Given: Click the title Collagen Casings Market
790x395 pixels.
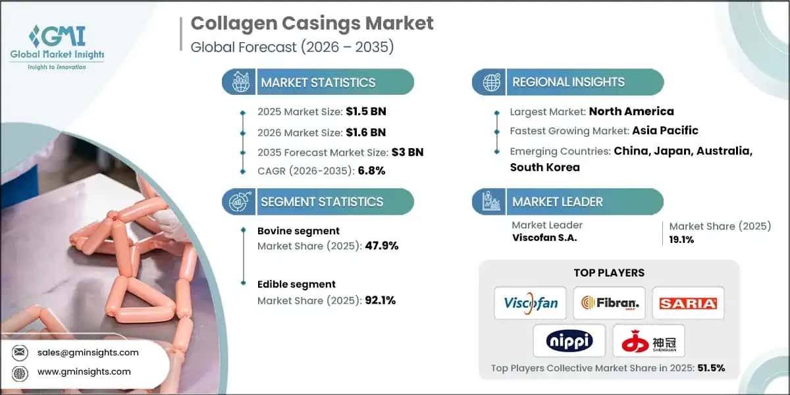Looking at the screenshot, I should point(312,23).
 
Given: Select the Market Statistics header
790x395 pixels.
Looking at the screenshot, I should point(318,82).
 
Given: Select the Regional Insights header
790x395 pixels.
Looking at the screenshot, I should point(568,82).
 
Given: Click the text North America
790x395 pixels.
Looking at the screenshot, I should point(631,111).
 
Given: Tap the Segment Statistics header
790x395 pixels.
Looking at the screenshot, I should point(321,201).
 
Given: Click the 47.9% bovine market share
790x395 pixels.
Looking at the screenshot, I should point(382,246).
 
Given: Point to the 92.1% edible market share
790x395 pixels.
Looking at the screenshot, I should point(380,300).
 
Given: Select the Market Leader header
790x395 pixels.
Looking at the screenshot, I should point(557,201).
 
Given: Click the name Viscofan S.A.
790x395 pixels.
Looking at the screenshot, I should point(544,238).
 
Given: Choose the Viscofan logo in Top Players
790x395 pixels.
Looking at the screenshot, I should point(531,303).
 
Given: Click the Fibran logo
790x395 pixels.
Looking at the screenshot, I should point(609,303).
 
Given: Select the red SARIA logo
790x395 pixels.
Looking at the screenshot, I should point(688,303).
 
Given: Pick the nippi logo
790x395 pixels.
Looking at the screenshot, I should point(569,340).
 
